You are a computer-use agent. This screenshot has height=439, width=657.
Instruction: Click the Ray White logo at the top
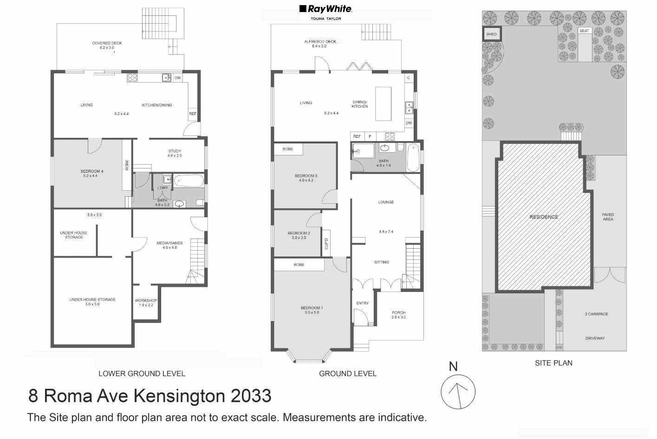click(325, 9)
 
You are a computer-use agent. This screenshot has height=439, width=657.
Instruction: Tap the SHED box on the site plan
click(491, 34)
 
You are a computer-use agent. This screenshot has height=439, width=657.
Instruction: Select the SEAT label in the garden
click(584, 31)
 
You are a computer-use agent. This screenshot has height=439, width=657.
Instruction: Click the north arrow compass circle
click(458, 392)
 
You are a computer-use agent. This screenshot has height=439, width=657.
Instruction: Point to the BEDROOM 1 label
click(312, 308)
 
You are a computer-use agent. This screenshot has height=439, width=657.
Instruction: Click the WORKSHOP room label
click(146, 301)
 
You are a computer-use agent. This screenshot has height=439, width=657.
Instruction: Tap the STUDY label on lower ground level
click(175, 151)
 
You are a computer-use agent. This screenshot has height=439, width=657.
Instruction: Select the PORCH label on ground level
click(398, 313)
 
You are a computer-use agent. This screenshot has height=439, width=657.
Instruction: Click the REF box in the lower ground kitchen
click(193, 114)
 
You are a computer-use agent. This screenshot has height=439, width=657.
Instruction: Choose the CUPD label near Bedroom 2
click(326, 244)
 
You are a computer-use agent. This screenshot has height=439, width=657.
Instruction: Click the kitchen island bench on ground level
click(383, 103)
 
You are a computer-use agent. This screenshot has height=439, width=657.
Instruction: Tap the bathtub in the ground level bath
click(413, 157)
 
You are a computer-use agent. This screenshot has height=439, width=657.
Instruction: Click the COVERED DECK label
click(107, 43)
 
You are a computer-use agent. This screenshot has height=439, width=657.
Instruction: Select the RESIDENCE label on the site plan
click(544, 217)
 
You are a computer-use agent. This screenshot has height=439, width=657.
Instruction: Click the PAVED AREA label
click(608, 217)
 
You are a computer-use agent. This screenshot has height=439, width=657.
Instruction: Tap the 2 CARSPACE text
click(596, 314)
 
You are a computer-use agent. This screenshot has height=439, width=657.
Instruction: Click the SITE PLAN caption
click(553, 363)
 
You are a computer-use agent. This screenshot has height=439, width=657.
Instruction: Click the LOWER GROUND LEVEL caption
click(142, 374)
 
